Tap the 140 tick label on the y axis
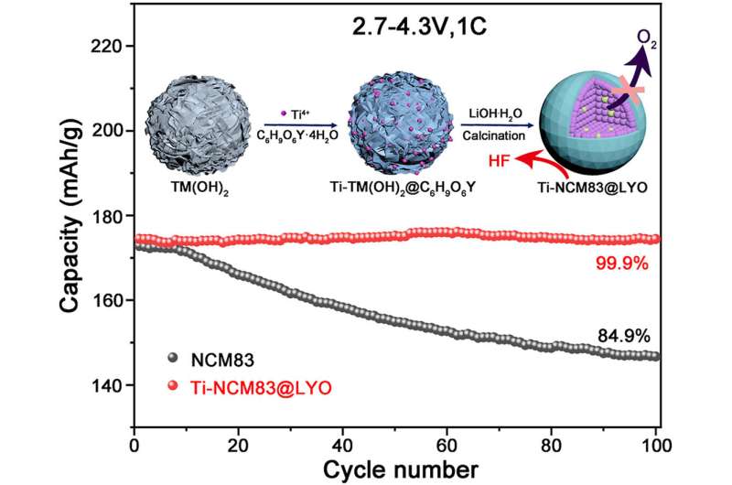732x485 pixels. click(x=110, y=385)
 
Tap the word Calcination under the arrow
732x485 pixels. click(x=499, y=134)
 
